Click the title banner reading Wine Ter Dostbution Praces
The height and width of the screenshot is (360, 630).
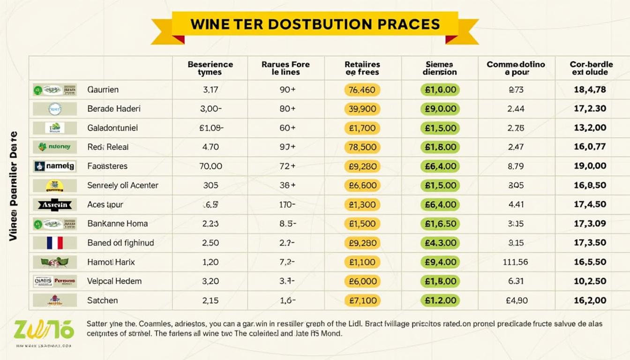click(x=315, y=24)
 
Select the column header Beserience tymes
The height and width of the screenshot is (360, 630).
click(x=210, y=68)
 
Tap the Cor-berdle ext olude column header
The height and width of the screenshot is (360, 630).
click(x=591, y=68)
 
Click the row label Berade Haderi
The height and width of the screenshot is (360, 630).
click(x=114, y=109)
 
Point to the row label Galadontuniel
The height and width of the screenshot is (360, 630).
click(x=112, y=128)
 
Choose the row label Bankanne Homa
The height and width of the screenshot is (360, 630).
click(x=117, y=224)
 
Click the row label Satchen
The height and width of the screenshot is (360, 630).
click(x=103, y=300)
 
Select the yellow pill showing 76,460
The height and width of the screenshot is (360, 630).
click(x=362, y=90)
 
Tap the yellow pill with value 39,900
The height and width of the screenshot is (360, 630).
click(x=362, y=109)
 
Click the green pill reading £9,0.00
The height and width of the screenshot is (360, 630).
click(x=440, y=109)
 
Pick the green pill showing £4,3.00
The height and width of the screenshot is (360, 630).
click(x=440, y=243)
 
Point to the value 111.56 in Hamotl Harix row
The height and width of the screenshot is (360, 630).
click(x=515, y=262)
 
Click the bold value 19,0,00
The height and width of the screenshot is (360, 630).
click(x=590, y=166)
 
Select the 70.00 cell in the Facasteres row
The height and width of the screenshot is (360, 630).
click(x=210, y=166)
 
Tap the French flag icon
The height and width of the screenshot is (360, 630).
click(x=54, y=243)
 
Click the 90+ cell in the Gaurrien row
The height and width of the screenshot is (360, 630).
click(x=287, y=90)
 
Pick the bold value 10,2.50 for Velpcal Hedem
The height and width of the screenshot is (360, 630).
click(x=590, y=281)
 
